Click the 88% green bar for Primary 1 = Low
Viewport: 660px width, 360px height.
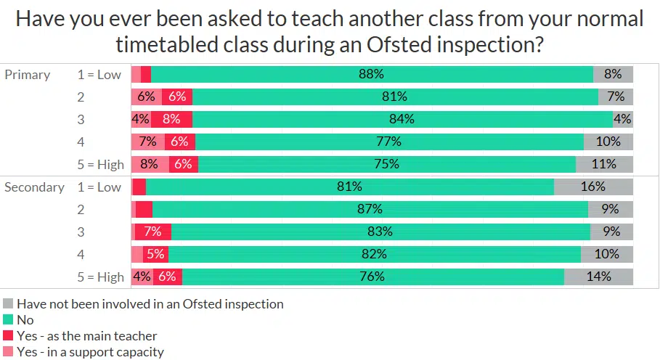coord(372,74)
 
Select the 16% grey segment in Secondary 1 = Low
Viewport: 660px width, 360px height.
coord(593,187)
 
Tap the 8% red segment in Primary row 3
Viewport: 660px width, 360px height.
coord(171,119)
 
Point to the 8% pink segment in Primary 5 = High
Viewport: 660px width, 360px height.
coord(150,164)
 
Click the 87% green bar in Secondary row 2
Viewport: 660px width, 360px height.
coord(370,210)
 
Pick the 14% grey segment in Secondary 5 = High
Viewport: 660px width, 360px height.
coord(599,277)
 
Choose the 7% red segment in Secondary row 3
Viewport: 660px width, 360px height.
coord(153,232)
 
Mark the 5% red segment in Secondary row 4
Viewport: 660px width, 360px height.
coord(155,254)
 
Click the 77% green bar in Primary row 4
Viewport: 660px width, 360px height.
coord(389,142)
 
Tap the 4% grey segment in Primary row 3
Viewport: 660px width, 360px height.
coord(623,119)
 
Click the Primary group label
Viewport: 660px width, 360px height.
coord(27,75)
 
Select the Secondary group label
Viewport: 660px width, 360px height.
coord(34,187)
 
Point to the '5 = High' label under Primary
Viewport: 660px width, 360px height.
coord(101,164)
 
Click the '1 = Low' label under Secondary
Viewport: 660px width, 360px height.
coord(99,187)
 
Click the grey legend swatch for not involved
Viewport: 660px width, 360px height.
coord(9,304)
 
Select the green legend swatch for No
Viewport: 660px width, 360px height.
coord(9,320)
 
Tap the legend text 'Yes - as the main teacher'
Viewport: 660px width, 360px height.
coord(86,336)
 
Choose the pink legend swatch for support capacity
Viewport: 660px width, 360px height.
coord(9,352)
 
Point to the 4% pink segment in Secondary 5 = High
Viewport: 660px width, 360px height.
coord(142,277)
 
